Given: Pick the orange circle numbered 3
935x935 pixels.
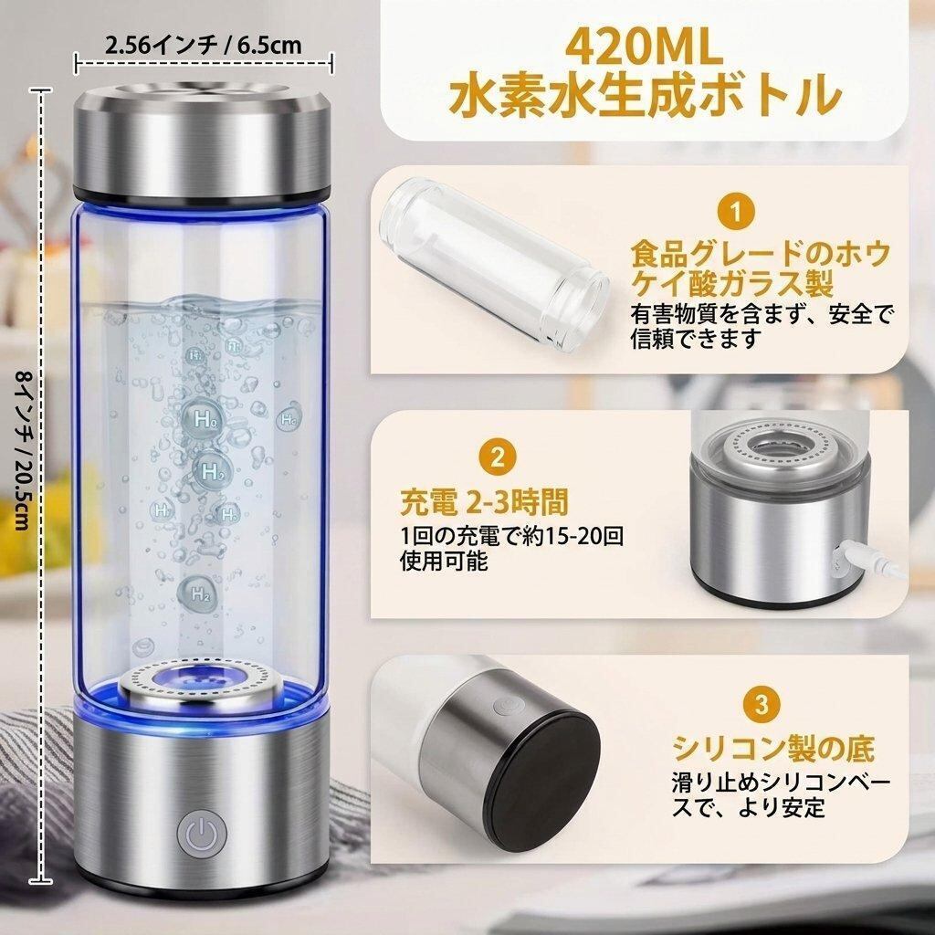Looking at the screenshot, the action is (762, 704).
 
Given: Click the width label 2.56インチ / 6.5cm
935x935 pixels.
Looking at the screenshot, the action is (204, 46).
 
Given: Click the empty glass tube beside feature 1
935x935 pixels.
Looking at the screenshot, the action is (494, 266).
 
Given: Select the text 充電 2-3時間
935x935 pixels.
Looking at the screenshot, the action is (484, 501).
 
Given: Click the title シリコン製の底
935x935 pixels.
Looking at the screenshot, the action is (773, 747).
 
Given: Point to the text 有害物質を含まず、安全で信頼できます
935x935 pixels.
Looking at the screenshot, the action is (762, 326).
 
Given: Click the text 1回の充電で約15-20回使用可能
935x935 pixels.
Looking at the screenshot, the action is (511, 548).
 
